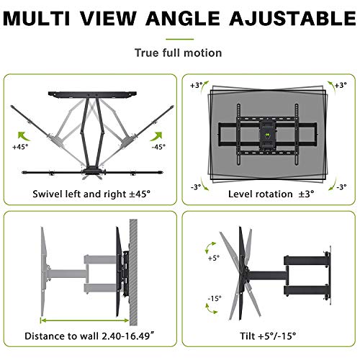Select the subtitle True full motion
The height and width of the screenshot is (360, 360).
pos(178,53)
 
